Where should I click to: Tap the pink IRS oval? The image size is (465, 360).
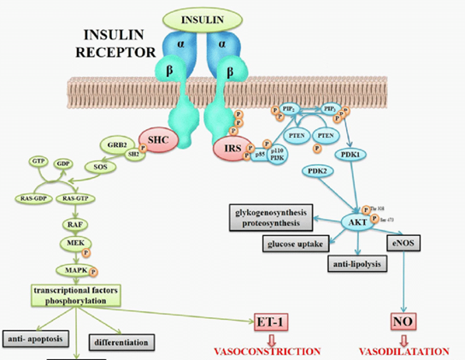point(231,150)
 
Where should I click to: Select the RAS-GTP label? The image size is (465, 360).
point(75,198)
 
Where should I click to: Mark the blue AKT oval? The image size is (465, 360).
point(356,220)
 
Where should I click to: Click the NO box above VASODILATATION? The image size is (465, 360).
point(403,324)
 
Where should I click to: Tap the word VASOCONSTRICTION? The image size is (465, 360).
point(268,351)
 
